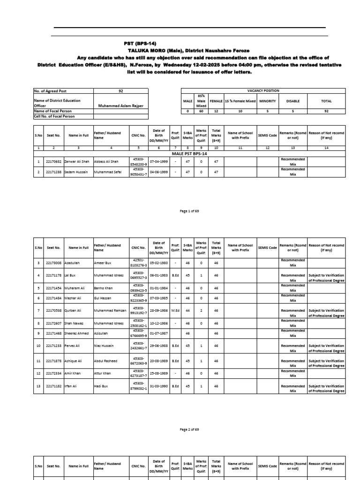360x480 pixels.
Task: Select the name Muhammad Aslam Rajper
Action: pos(121,106)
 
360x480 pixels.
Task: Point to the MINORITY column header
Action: pos(267,101)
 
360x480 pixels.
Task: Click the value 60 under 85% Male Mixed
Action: pos(201,112)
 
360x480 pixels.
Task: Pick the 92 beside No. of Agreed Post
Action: pos(121,91)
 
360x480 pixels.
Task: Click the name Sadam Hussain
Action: pos(75,172)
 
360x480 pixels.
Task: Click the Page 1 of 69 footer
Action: pos(189,211)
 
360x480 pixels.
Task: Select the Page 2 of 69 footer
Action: pos(189,429)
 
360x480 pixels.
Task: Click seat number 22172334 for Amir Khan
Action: pos(53,373)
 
